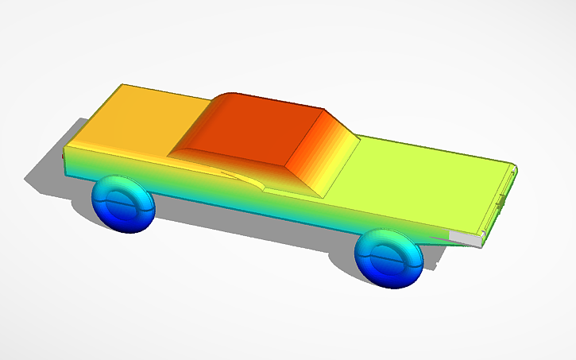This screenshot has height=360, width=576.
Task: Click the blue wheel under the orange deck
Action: pyautogui.click(x=123, y=204)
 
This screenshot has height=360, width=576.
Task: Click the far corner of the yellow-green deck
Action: pyautogui.click(x=512, y=165)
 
